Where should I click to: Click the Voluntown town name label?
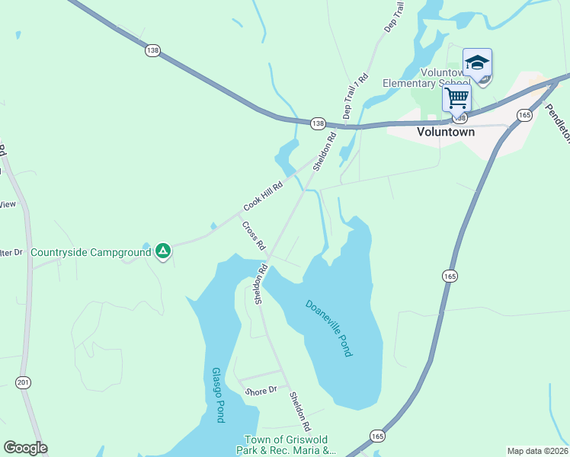(446, 132)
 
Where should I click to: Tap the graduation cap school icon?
(477, 63)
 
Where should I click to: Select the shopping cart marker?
(456, 97)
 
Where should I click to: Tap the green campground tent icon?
(162, 251)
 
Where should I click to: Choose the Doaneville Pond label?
(329, 328)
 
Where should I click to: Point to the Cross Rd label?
(253, 236)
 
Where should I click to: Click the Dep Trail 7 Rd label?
(356, 96)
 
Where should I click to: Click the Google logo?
(25, 448)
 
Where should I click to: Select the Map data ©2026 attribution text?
(537, 451)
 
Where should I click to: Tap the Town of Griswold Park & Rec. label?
(290, 445)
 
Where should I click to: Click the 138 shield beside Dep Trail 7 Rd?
(318, 123)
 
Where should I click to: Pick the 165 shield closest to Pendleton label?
(524, 115)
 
